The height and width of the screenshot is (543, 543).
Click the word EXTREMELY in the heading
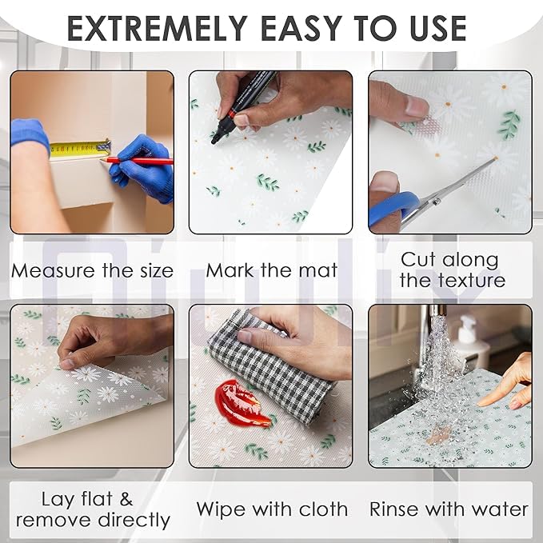pyautogui.click(x=157, y=29)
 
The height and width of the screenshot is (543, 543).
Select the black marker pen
pyautogui.click(x=243, y=106)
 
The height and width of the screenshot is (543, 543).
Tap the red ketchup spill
pyautogui.click(x=241, y=403)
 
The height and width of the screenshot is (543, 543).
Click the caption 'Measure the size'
pyautogui.click(x=92, y=270)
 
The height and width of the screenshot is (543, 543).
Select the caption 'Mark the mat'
pyautogui.click(x=272, y=270)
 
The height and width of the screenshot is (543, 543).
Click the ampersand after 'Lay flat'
pyautogui.click(x=126, y=499)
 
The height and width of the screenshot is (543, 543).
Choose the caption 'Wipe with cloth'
pyautogui.click(x=272, y=509)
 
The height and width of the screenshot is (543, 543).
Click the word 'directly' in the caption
pyautogui.click(x=134, y=521)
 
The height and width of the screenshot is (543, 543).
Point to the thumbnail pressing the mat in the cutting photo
pyautogui.click(x=417, y=106)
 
